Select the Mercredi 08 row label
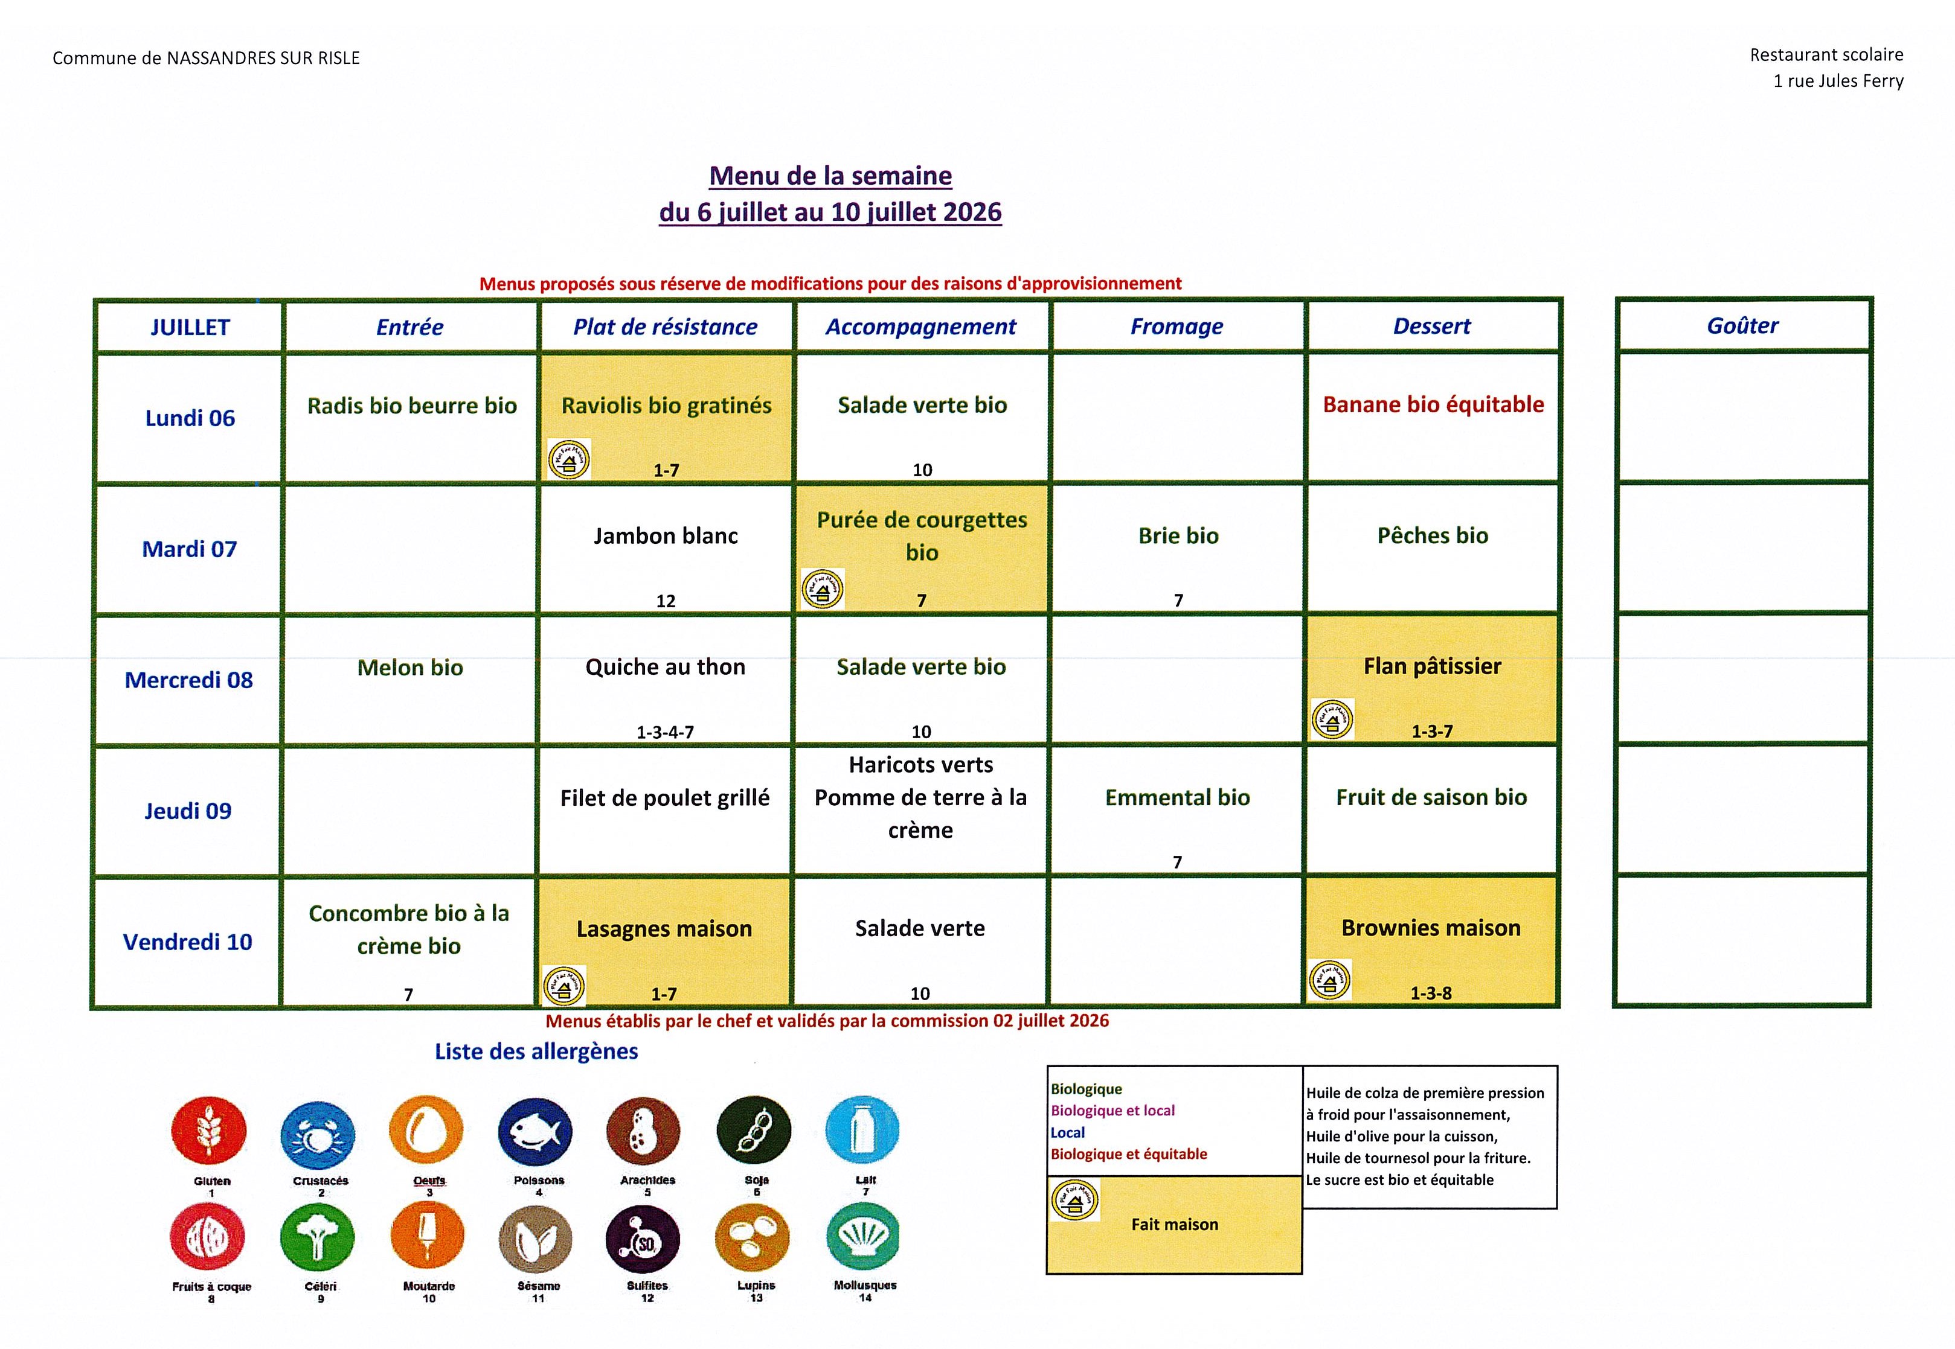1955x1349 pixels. pos(188,680)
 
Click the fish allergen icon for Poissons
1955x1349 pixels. pos(535,1133)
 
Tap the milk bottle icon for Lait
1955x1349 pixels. pos(862,1130)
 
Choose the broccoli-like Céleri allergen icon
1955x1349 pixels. pos(318,1237)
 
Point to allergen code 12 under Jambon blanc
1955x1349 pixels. pos(666,601)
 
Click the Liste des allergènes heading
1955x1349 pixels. pos(536,1051)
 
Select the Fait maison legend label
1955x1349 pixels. pos(1175,1224)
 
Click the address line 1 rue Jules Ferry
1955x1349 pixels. pos(1838,81)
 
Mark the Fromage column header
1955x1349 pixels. pos(1177,327)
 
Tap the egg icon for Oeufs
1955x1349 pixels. pos(426,1132)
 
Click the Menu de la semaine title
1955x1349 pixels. pos(830,176)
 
